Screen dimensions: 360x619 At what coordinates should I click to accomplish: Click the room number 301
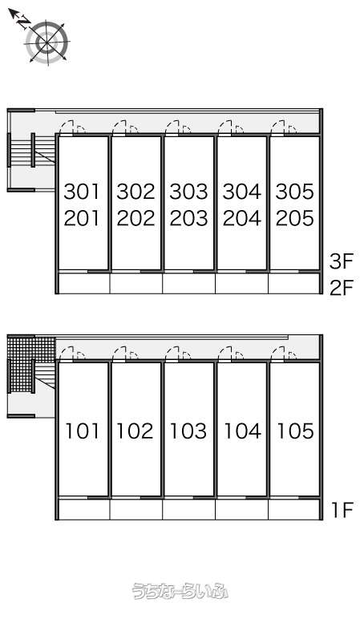pos(82,192)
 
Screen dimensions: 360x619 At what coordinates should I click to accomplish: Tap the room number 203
pos(188,218)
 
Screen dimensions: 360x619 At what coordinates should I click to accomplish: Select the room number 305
pos(294,192)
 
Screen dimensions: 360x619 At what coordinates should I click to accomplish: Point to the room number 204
pos(241,218)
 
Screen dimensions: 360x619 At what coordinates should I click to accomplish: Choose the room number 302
pos(136,192)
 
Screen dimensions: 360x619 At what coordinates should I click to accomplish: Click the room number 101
pos(82,431)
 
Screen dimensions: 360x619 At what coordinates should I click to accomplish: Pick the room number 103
pos(188,431)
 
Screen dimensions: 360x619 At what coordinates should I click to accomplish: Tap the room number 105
pos(295,431)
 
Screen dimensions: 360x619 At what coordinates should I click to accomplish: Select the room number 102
pos(135,431)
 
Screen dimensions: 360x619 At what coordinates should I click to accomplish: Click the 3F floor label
pos(341,261)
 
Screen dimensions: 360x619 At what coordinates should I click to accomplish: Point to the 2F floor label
pos(341,288)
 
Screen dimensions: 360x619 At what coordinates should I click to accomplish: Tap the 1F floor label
pos(342,510)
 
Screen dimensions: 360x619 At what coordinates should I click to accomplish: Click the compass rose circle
pos(47,42)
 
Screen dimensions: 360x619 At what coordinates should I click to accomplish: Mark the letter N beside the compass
pos(25,22)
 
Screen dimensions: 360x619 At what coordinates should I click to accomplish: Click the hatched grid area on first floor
pos(31,363)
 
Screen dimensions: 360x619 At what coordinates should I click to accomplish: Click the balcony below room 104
pos(241,510)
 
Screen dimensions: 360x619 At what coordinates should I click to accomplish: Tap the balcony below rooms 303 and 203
pos(188,284)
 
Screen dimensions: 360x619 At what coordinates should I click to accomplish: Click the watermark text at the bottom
pos(180,591)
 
